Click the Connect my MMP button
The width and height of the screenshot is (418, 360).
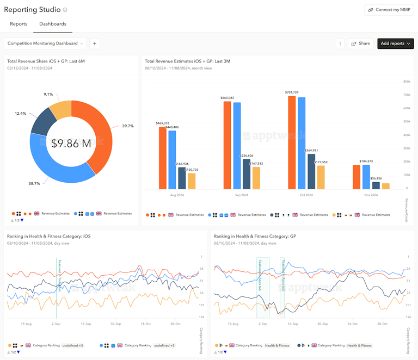389,10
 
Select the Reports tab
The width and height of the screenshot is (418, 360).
19,24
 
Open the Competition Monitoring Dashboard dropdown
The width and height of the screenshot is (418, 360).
46,44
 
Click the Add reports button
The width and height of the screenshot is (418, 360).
395,44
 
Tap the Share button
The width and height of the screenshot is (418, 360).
360,44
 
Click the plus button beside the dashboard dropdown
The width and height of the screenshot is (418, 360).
94,44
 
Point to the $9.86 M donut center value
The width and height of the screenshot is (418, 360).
71,144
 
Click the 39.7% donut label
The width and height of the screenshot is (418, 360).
127,126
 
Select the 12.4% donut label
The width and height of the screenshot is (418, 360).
20,114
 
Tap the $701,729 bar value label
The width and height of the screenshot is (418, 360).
292,92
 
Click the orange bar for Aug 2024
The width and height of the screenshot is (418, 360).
162,158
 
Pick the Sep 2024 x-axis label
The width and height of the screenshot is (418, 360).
241,195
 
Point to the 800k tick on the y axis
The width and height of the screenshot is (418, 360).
406,82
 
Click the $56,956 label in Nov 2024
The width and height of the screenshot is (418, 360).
376,178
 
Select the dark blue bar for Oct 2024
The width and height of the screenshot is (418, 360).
311,171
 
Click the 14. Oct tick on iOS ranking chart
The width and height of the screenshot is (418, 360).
145,324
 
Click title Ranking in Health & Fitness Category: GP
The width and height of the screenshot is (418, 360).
255,237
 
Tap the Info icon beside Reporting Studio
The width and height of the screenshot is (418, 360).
65,10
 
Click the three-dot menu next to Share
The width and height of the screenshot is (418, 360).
340,44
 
